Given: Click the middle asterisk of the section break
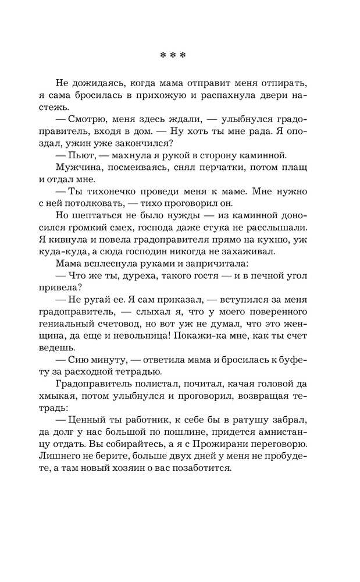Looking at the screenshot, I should pos(173,56).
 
